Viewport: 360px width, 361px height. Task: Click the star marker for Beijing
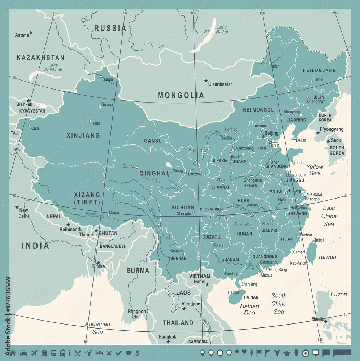pyautogui.click(x=263, y=136)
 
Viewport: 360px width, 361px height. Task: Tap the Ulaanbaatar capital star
pyautogui.click(x=206, y=81)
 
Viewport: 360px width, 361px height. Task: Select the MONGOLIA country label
pyautogui.click(x=181, y=96)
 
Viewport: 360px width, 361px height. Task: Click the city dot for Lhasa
pyautogui.click(x=108, y=216)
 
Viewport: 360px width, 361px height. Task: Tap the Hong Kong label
pyautogui.click(x=278, y=270)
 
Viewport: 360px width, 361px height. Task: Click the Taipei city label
pyautogui.click(x=319, y=240)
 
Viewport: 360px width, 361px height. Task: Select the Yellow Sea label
pyautogui.click(x=315, y=170)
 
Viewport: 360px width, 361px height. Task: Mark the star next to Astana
pyautogui.click(x=31, y=32)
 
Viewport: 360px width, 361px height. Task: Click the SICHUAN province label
pyautogui.click(x=183, y=208)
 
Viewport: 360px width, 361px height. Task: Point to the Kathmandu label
pyautogui.click(x=71, y=229)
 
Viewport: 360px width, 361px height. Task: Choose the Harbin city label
pyautogui.click(x=318, y=79)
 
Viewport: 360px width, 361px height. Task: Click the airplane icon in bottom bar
pyautogui.click(x=35, y=353)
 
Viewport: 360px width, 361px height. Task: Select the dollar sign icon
pyautogui.click(x=137, y=353)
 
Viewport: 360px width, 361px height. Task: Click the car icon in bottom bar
pyautogui.click(x=23, y=353)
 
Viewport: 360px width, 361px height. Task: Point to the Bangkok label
pyautogui.click(x=168, y=337)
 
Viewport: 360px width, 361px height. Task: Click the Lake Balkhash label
pyautogui.click(x=53, y=68)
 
